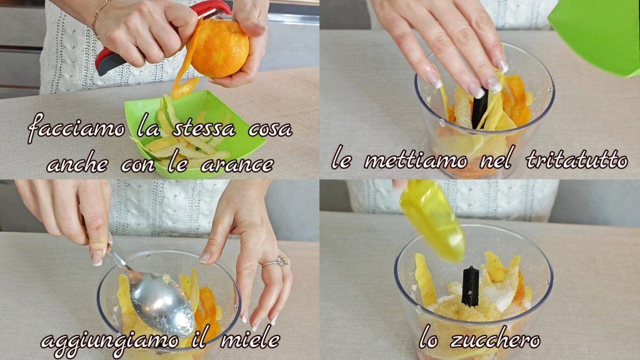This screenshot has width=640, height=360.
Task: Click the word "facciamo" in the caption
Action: [76, 129]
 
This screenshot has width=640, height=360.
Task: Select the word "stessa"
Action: [204, 129]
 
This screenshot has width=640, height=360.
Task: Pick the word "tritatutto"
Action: [577, 159]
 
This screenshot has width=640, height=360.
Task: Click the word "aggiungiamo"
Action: [109, 342]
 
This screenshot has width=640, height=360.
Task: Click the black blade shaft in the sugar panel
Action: [470, 286]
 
